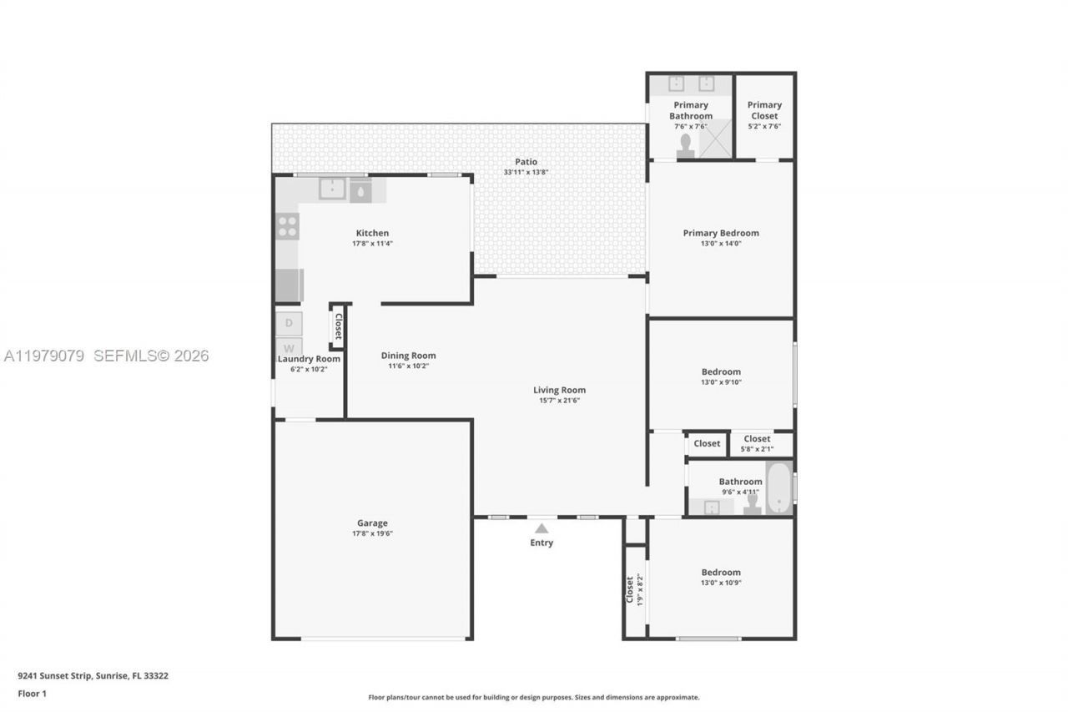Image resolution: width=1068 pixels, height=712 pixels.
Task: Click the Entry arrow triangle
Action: (542, 528)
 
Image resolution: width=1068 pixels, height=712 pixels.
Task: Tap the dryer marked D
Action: (289, 323)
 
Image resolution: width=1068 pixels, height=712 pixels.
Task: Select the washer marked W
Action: (289, 348)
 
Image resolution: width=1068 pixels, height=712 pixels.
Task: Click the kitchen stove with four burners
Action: (287, 226)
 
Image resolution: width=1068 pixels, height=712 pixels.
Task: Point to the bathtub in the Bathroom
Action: (778, 488)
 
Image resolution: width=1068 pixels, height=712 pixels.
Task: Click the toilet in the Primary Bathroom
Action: (686, 147)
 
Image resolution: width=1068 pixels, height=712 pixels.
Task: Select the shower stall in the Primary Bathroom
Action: (715, 139)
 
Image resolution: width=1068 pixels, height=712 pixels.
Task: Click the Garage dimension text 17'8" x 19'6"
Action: (372, 533)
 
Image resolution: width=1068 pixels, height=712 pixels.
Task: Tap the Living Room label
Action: (559, 390)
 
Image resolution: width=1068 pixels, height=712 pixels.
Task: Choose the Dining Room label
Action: (408, 356)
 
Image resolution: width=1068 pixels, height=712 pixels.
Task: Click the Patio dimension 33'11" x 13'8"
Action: (526, 173)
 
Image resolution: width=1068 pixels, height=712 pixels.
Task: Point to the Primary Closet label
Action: (764, 110)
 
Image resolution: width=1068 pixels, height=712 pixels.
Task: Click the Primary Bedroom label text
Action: (721, 233)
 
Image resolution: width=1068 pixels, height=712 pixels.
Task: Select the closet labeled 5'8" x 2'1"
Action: (758, 443)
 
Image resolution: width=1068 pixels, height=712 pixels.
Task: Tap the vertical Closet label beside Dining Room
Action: (338, 326)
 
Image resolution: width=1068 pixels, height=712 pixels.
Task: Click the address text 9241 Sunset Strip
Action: (93, 676)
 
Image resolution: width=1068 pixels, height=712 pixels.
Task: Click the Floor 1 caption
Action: (32, 694)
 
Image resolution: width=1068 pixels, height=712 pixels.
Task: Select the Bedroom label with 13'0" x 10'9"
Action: (721, 573)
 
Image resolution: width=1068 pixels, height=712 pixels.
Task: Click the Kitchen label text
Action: (372, 233)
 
